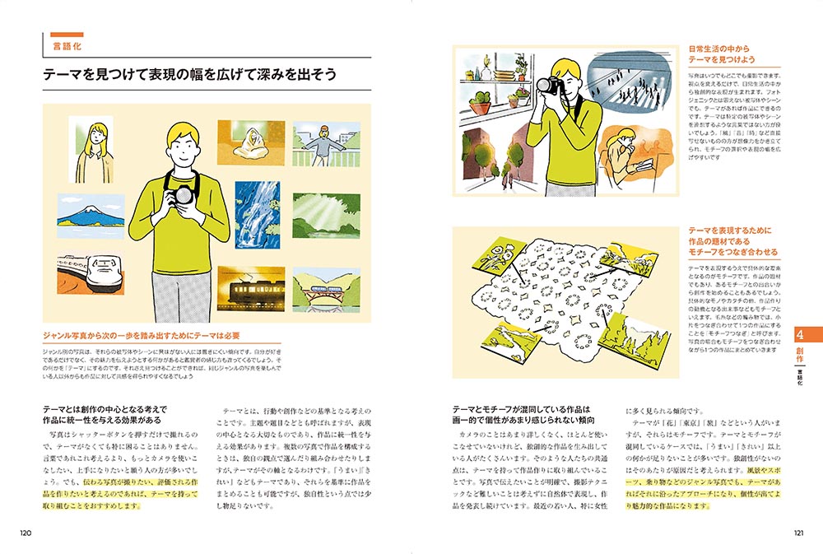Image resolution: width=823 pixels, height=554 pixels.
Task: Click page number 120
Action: [26, 532]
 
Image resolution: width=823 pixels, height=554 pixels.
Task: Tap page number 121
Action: [796, 532]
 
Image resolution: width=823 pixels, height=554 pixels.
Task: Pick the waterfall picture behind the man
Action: [258, 213]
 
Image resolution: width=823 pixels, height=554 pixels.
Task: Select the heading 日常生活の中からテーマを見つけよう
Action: [722, 54]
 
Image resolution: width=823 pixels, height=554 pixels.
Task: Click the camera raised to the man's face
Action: [549, 85]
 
